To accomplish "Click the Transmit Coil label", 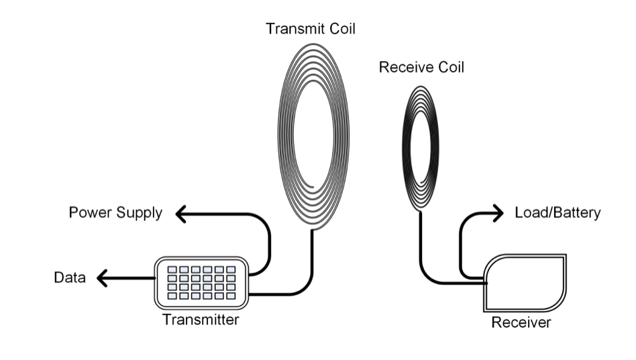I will click(310, 29).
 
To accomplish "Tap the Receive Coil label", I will click(421, 68).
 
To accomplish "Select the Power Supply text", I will click(115, 214).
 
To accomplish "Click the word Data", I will click(70, 277).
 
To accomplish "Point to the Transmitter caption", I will click(201, 320).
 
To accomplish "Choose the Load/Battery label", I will click(558, 213).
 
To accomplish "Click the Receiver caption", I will click(521, 323).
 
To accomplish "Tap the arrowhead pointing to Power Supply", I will click(180, 214).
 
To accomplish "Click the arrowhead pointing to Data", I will click(103, 277).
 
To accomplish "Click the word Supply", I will click(139, 214).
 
